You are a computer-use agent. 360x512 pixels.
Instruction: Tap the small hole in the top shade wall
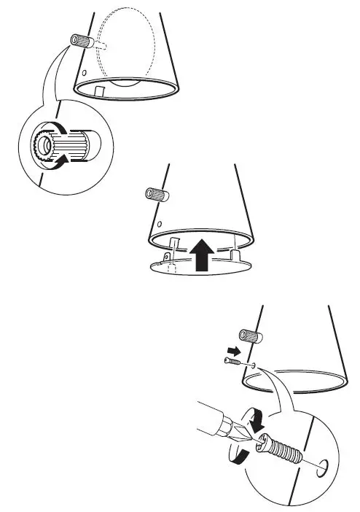pos(86,74)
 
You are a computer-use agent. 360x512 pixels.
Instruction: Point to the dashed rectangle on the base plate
pos(173,269)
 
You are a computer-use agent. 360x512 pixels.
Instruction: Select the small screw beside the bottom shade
pos(233,365)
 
